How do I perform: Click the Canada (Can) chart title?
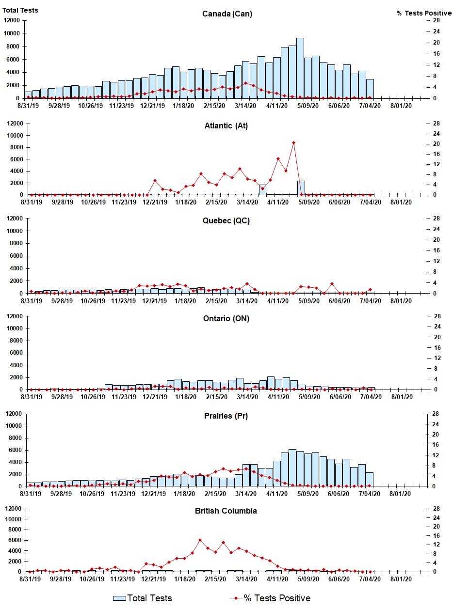coord(227,14)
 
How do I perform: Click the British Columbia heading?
coord(226,511)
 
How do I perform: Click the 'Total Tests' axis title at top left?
coord(20,10)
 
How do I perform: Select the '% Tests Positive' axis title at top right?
coord(424,13)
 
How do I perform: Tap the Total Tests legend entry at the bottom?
coord(143,598)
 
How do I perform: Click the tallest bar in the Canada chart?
coord(300,68)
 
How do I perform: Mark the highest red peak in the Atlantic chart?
coord(293,142)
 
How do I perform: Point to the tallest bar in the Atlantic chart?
coord(301,188)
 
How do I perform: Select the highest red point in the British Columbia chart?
coord(200,540)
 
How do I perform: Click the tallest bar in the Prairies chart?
coord(292,468)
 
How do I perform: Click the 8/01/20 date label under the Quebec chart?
coord(402,301)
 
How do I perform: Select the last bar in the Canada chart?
coord(370,89)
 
